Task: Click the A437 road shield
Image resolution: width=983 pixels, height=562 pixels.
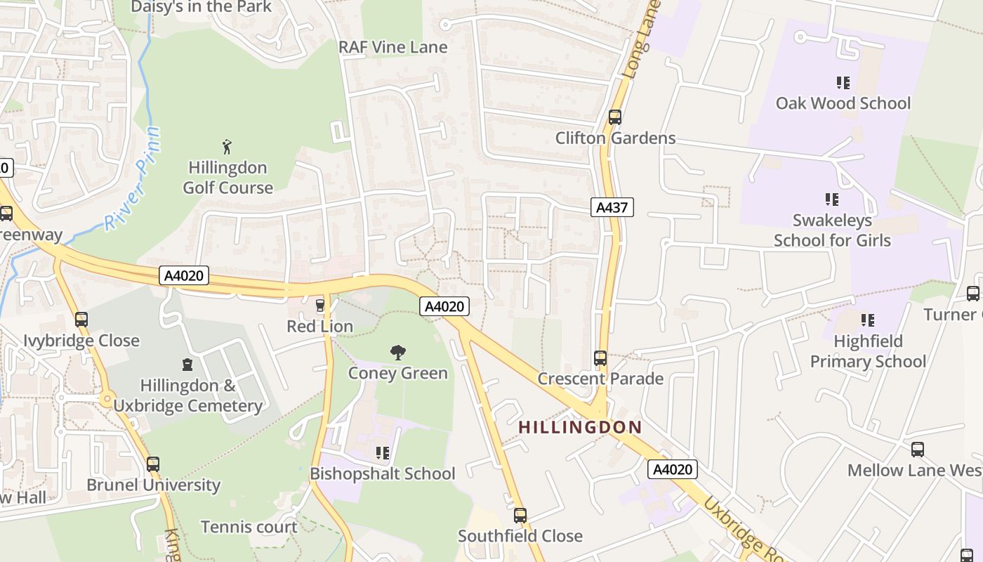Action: (612, 207)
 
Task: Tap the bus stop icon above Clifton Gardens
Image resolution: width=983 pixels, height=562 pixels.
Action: (615, 117)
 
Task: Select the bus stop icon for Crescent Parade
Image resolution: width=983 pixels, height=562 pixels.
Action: (600, 358)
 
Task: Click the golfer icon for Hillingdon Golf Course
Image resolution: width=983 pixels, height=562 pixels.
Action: (227, 147)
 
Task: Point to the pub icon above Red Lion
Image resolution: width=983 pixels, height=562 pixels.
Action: (320, 306)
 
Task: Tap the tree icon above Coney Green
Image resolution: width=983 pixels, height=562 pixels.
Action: (398, 352)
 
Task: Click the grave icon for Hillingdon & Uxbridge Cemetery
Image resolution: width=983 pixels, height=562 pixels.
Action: (187, 365)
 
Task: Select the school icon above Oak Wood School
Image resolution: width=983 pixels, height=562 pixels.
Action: (843, 82)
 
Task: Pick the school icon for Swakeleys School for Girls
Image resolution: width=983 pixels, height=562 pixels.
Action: (832, 200)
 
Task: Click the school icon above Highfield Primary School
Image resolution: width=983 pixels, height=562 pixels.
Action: (868, 320)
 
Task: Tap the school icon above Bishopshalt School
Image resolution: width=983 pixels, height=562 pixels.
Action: (383, 453)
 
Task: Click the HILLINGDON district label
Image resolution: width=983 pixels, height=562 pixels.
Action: (580, 427)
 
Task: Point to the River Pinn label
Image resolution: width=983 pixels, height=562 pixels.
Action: (133, 179)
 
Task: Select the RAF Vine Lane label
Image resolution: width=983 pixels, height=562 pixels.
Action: (393, 47)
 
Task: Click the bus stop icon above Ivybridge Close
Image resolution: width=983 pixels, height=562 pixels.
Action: (81, 320)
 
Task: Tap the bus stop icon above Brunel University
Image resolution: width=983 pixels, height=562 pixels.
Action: (153, 464)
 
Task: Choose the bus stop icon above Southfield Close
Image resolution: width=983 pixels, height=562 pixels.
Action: (520, 516)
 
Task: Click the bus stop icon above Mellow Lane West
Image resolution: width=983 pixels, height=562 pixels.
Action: (918, 450)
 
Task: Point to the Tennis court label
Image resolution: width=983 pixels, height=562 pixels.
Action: (249, 527)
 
